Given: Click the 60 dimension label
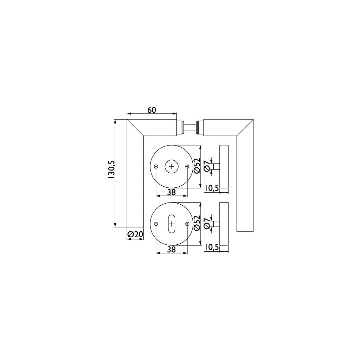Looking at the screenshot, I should point(152,110).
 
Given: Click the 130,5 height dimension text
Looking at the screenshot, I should point(111,170).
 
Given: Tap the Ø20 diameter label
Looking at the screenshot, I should point(135,234).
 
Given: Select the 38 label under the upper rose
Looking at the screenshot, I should point(171,192).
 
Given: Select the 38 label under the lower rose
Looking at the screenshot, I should point(171,249).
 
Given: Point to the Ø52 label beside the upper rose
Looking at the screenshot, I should point(197,165).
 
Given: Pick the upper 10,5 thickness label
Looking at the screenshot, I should point(211,188).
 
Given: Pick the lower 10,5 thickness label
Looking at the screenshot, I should point(211,247).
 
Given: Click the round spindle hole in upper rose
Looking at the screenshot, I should point(172,167).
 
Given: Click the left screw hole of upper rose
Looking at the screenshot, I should point(156,167).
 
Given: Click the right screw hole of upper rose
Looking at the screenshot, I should point(187,167).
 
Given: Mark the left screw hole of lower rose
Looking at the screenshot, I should point(156,224).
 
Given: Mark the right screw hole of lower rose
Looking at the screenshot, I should point(187,224).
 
